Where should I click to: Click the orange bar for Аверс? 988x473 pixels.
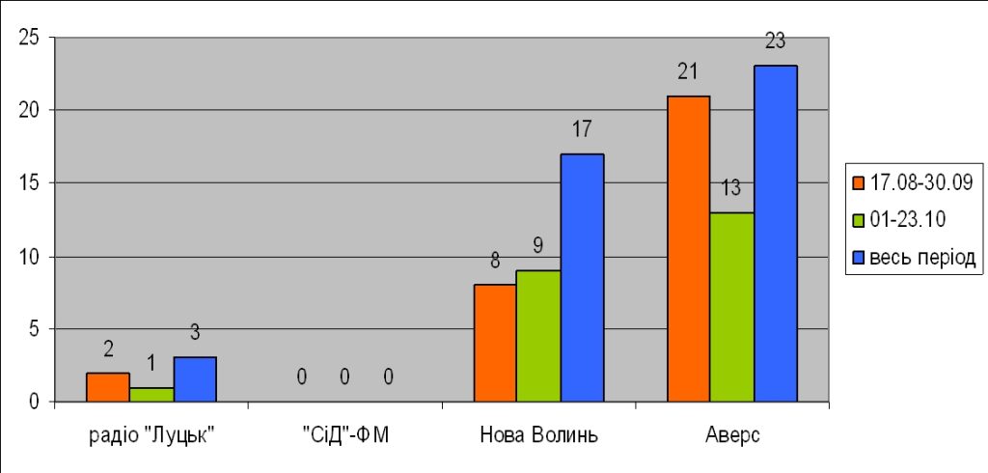click(x=689, y=248)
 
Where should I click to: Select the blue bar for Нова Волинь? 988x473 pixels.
click(x=582, y=277)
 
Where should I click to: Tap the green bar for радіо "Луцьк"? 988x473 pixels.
click(x=151, y=395)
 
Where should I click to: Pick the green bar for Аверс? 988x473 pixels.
click(x=732, y=307)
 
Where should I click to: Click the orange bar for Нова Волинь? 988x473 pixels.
click(x=495, y=343)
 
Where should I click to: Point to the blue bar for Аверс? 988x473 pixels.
click(x=776, y=234)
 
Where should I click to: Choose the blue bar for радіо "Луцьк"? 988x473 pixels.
click(x=195, y=379)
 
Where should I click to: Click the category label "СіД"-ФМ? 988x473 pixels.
click(x=345, y=436)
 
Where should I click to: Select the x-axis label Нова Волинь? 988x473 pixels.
click(x=538, y=436)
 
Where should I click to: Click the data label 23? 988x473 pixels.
click(x=775, y=42)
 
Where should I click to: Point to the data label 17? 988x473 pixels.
click(x=582, y=130)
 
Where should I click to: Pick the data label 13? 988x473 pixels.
click(x=731, y=188)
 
